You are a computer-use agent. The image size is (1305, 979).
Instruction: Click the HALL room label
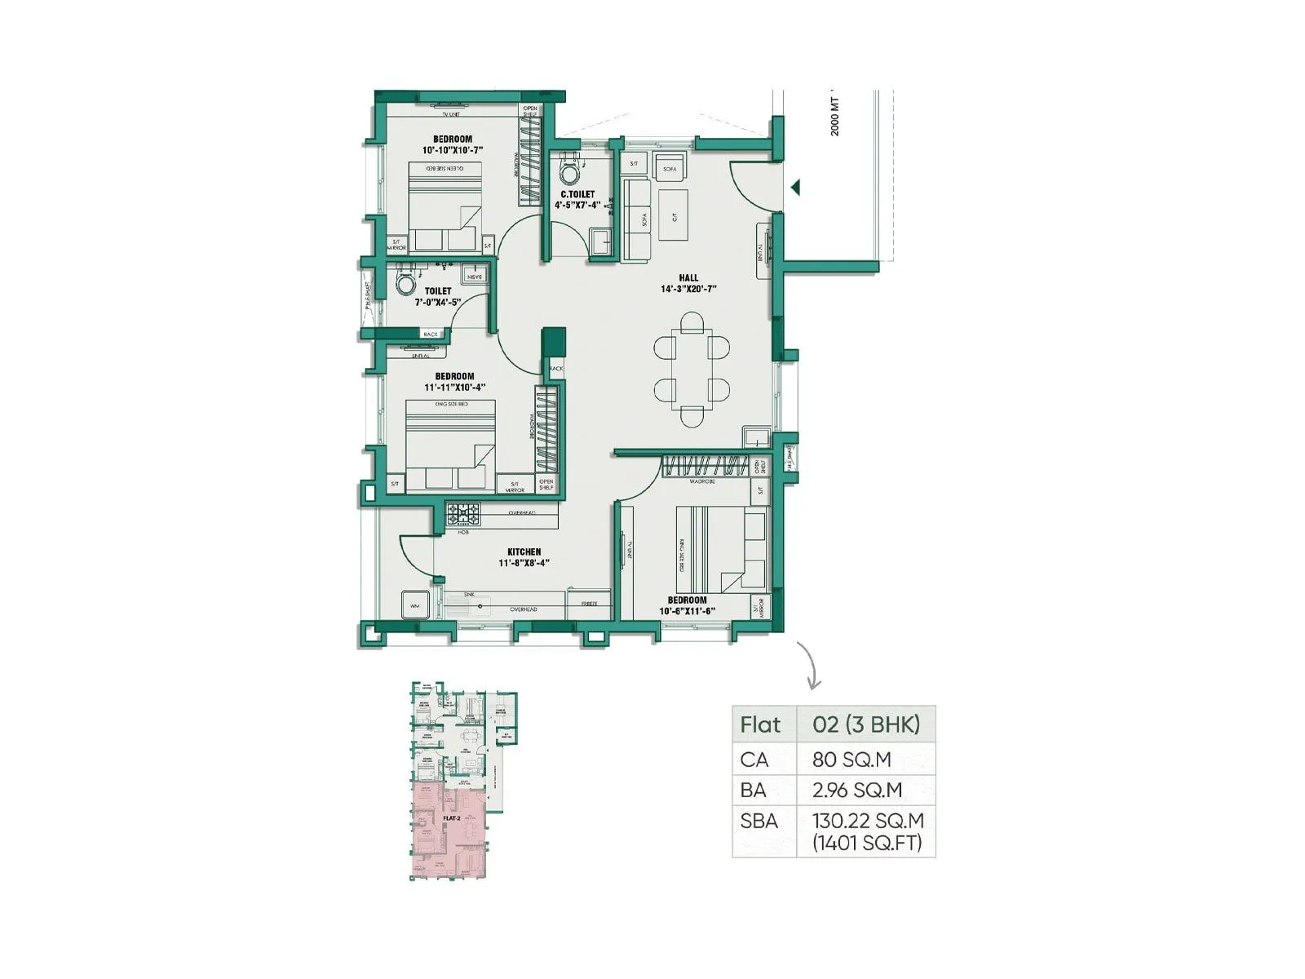click(688, 277)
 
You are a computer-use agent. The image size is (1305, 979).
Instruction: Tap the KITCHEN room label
click(524, 552)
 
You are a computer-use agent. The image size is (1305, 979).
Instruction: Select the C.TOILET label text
click(577, 194)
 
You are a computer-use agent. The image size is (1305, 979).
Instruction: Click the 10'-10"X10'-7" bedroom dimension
click(453, 150)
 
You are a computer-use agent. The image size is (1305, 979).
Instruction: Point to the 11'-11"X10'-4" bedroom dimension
click(454, 388)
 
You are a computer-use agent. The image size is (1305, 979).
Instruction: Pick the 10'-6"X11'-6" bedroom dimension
click(687, 611)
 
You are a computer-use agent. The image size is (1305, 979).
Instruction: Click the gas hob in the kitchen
click(463, 514)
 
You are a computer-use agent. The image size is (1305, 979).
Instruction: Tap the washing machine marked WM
click(414, 605)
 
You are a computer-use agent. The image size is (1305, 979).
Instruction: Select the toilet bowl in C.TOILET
click(570, 173)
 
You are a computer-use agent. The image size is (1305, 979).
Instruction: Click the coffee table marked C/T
click(674, 215)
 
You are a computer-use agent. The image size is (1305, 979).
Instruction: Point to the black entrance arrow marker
click(795, 188)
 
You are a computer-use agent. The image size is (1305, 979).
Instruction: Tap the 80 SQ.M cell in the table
click(852, 760)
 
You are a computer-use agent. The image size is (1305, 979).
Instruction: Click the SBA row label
click(759, 822)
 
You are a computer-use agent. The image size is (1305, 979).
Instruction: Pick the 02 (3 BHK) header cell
click(865, 724)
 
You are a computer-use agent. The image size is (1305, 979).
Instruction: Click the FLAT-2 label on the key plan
click(452, 817)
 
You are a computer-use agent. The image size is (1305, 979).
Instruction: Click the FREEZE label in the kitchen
click(590, 604)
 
